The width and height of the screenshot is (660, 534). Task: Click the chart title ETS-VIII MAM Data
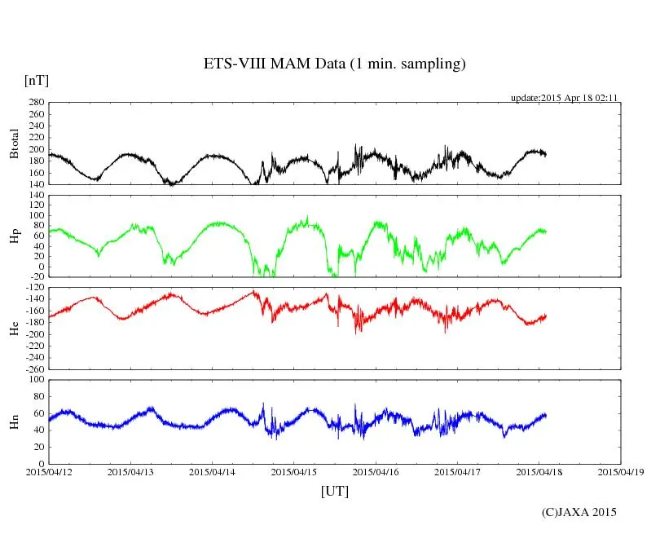click(334, 64)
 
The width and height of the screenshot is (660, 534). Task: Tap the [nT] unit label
click(37, 81)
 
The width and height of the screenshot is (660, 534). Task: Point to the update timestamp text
click(565, 98)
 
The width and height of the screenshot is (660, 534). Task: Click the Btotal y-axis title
click(14, 143)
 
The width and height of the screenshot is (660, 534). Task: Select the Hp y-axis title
click(14, 236)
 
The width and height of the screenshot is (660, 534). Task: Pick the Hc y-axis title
click(14, 328)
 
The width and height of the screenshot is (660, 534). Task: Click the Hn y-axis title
click(14, 421)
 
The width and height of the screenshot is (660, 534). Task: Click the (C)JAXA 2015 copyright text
click(579, 512)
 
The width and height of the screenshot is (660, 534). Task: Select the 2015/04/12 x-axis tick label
click(49, 471)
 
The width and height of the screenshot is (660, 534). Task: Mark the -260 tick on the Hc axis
click(34, 369)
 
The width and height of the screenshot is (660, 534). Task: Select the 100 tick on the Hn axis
click(37, 380)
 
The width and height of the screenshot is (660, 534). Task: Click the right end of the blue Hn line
click(546, 415)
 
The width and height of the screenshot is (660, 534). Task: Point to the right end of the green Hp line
click(546, 232)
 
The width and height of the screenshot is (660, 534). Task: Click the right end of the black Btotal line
click(546, 154)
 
